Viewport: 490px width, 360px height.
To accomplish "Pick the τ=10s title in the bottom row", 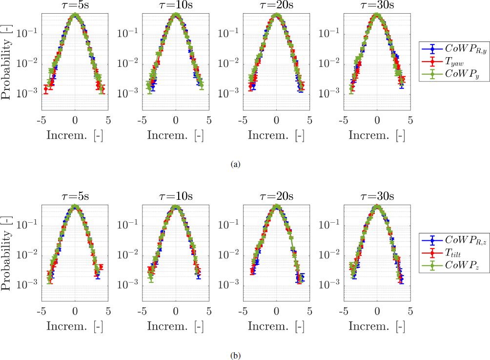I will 176,197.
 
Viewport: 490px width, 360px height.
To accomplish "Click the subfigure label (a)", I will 237,165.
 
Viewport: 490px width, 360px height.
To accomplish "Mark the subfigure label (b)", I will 237,356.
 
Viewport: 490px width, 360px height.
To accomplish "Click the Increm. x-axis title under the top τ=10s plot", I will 176,135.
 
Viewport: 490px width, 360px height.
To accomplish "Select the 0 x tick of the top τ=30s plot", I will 377,120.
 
